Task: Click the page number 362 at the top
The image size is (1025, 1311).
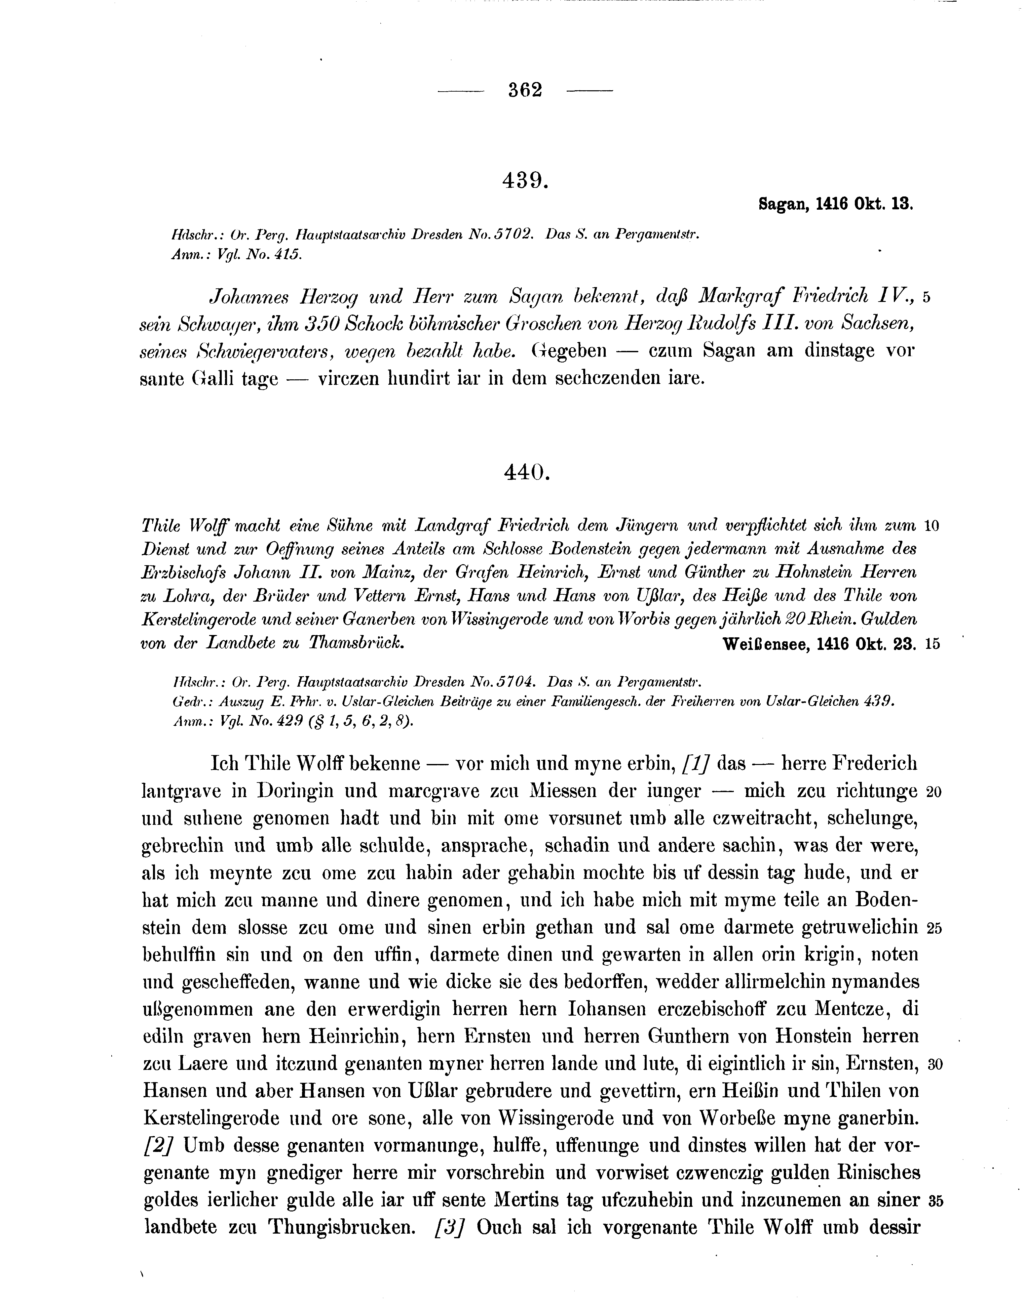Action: coord(525,90)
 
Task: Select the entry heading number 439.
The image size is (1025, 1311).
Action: coord(525,180)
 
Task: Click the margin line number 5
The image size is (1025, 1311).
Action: coord(927,297)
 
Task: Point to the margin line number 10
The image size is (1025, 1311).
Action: coord(931,526)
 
